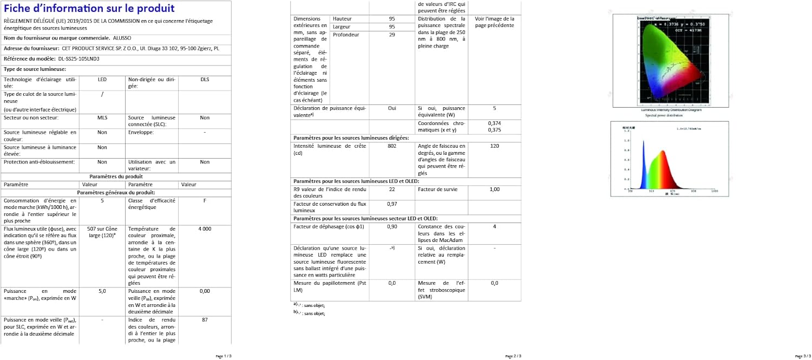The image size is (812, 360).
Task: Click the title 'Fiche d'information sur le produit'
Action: (x=89, y=9)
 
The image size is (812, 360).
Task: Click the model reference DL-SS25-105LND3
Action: (x=79, y=58)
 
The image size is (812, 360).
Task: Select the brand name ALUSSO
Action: (x=122, y=38)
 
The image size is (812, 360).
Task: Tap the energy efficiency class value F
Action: (x=205, y=200)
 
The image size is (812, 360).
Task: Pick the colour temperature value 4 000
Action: (x=205, y=229)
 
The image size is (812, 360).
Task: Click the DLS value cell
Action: (x=205, y=80)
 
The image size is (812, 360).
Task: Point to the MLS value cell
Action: (x=102, y=117)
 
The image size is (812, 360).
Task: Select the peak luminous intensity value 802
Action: (x=392, y=146)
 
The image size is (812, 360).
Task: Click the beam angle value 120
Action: (x=494, y=146)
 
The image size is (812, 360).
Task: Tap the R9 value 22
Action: (x=392, y=189)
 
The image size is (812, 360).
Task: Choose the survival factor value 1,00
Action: (x=494, y=189)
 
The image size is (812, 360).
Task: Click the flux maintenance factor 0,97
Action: (x=392, y=204)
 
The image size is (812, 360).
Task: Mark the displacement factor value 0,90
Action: (x=392, y=227)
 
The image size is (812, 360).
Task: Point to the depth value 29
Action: (x=392, y=35)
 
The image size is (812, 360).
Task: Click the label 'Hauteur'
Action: (x=342, y=19)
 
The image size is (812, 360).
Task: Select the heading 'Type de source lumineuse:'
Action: (x=35, y=69)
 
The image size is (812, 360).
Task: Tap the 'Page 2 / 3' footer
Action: (x=513, y=356)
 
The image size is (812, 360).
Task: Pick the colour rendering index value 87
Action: (x=205, y=320)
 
